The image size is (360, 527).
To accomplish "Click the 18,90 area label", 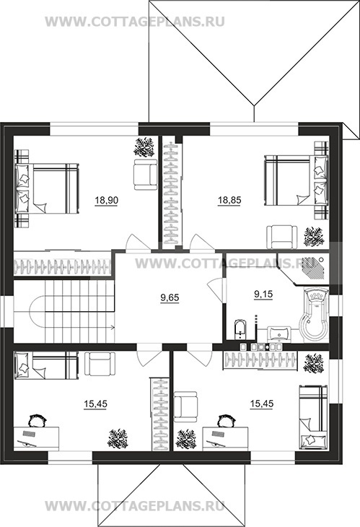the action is click(106, 201).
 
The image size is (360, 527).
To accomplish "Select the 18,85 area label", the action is click(229, 201).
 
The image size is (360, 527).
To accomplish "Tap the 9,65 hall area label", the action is click(170, 297).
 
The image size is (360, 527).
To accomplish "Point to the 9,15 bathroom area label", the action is click(263, 295).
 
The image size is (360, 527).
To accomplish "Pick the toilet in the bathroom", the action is click(240, 330).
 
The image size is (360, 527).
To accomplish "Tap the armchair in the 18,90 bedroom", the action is click(145, 174).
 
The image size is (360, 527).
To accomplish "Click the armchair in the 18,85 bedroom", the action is click(282, 238).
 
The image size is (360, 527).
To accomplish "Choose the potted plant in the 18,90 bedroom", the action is click(144, 147).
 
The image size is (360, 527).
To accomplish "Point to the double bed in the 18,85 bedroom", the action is click(296, 180).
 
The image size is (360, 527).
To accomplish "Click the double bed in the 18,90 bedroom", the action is click(47, 188).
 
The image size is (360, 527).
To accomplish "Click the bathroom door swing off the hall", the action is click(215, 289).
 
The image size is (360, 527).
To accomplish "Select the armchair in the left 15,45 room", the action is click(100, 364).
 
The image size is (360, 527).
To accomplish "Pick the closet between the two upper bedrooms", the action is click(171, 193).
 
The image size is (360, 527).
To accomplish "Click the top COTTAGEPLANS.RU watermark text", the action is click(135, 21).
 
